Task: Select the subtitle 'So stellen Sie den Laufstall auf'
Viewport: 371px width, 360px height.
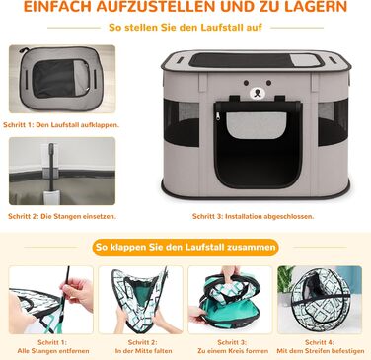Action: (185, 27)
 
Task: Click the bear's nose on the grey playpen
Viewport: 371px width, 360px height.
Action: (258, 93)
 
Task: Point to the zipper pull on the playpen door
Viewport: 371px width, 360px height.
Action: (217, 116)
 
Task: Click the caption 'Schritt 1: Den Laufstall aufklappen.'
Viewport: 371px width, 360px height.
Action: (61, 125)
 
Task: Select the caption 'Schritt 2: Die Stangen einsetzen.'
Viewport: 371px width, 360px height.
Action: (62, 216)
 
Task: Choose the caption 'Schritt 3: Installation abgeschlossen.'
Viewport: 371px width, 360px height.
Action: (254, 216)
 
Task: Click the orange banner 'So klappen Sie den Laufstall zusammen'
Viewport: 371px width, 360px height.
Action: (185, 247)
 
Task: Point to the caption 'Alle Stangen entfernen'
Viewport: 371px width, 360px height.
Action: (53, 351)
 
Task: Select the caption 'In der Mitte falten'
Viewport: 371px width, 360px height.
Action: (143, 351)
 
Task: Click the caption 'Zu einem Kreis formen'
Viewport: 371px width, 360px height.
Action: (233, 351)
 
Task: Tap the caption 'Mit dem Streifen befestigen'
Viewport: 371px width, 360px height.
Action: (321, 351)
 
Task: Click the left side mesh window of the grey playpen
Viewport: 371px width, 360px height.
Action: (182, 122)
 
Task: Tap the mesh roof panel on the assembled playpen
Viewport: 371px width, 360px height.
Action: (256, 60)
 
